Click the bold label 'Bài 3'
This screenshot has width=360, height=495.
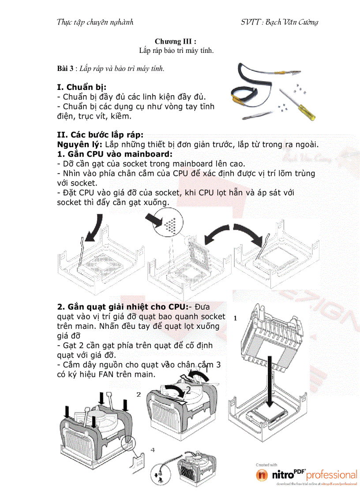point(65,69)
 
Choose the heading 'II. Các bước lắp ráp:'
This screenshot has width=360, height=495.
point(100,135)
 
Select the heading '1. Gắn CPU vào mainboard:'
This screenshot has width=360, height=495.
point(115,154)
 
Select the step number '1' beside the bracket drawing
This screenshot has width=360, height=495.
point(235,318)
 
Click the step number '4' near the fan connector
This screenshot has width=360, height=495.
point(152,450)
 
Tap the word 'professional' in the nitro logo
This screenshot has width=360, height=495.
point(331,475)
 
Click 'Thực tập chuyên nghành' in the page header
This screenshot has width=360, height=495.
point(95,22)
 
